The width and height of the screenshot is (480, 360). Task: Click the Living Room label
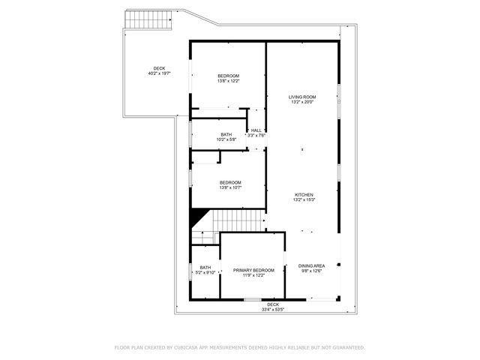click(302, 97)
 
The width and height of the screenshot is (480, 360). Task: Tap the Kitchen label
click(302, 194)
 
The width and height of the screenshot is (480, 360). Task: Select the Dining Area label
click(311, 265)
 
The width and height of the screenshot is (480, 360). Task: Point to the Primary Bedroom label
click(253, 270)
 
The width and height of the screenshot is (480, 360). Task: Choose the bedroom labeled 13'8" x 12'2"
click(229, 78)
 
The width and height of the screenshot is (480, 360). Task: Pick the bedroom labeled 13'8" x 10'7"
click(230, 184)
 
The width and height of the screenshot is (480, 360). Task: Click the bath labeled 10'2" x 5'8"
click(226, 136)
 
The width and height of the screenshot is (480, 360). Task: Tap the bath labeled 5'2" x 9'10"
click(205, 270)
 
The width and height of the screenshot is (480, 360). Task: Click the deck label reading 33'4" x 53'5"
click(273, 306)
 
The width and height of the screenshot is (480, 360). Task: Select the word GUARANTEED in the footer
click(346, 347)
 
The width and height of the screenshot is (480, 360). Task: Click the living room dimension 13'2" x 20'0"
click(302, 102)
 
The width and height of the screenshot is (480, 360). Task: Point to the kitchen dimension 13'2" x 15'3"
click(302, 199)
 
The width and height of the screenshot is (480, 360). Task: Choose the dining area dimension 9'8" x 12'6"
click(311, 271)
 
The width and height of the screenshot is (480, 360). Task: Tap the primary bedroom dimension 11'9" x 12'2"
click(253, 275)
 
